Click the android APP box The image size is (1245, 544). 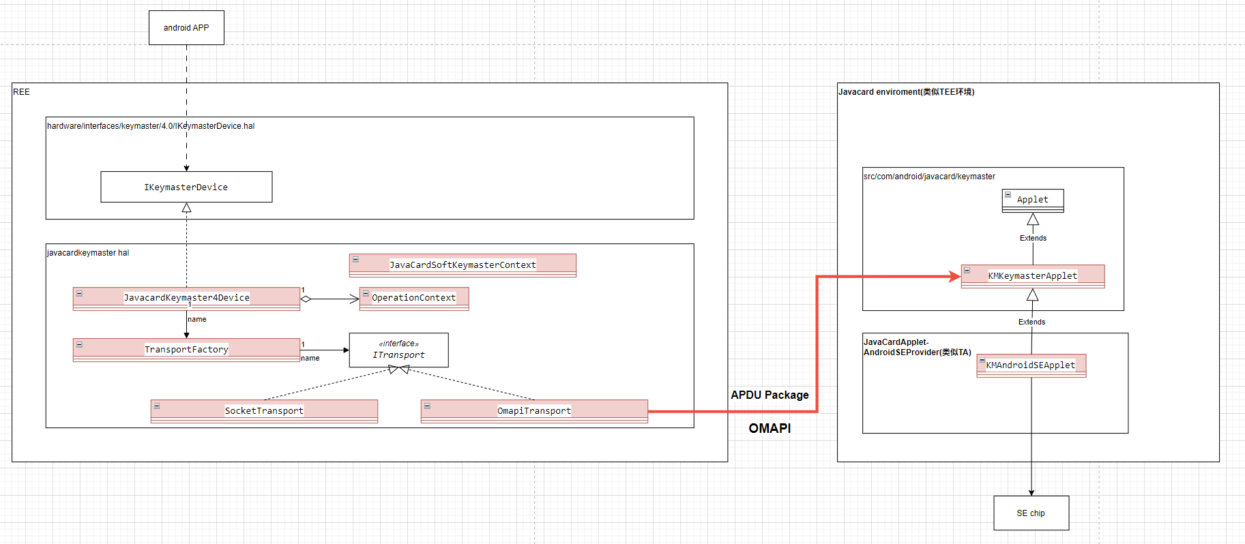186,28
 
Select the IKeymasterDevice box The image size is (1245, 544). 186,187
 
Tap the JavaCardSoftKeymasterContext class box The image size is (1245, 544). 463,265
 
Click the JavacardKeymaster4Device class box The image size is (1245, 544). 186,298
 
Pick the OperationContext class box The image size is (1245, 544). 414,298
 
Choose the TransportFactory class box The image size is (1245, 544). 186,350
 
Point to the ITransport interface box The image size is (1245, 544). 398,350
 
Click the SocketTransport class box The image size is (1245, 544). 264,410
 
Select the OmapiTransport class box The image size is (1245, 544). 534,410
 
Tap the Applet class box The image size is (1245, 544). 1032,200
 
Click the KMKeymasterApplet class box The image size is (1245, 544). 1032,276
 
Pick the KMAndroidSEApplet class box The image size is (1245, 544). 1031,365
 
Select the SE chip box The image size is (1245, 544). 1031,513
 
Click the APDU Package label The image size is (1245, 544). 770,395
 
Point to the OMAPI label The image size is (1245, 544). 770,428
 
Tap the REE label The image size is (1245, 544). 22,92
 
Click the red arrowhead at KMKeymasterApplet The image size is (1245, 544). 955,276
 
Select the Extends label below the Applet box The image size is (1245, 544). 1033,238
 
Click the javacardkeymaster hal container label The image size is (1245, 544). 88,253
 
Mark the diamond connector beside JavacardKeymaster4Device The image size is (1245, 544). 306,299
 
